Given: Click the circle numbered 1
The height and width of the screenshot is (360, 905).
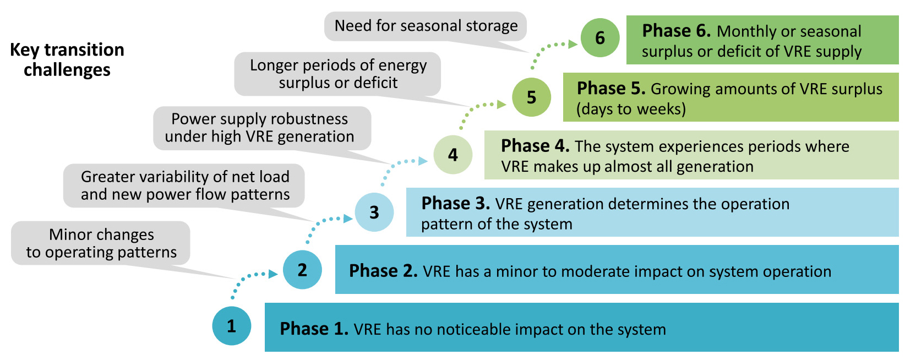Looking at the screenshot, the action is (232, 326).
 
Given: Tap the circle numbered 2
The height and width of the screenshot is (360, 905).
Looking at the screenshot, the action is (302, 270).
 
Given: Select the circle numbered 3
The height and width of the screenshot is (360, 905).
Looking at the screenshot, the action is (374, 212).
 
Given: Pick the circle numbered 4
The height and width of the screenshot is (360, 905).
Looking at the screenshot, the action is (453, 155).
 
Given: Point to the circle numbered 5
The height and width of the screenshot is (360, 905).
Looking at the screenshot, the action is (532, 97).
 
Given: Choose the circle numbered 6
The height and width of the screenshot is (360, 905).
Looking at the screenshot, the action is (600, 37).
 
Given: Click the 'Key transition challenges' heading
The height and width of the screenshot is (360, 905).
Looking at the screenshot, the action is (67, 59).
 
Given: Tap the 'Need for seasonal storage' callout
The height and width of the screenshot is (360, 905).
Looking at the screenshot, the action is (426, 26).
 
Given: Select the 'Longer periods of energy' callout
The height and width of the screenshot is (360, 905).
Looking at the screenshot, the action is (338, 74).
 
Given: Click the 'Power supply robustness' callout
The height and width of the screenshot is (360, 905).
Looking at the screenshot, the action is (262, 128).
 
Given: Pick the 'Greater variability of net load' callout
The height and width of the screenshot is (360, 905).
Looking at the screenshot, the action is (184, 186).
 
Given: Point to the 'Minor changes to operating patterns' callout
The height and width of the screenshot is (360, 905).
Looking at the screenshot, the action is (101, 243).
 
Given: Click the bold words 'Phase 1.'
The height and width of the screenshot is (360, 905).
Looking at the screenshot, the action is (314, 329).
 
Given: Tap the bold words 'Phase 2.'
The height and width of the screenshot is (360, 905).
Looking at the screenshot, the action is (383, 271).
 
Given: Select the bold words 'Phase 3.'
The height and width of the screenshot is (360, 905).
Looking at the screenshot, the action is (455, 203).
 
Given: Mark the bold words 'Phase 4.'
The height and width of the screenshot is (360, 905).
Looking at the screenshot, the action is (535, 146).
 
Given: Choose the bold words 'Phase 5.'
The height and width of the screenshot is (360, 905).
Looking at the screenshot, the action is (611, 89).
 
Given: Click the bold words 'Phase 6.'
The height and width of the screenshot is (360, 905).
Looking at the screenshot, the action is (677, 31).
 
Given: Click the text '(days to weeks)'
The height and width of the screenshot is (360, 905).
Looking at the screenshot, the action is (631, 109).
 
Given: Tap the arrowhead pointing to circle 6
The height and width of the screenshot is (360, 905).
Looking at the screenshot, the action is (573, 44).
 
